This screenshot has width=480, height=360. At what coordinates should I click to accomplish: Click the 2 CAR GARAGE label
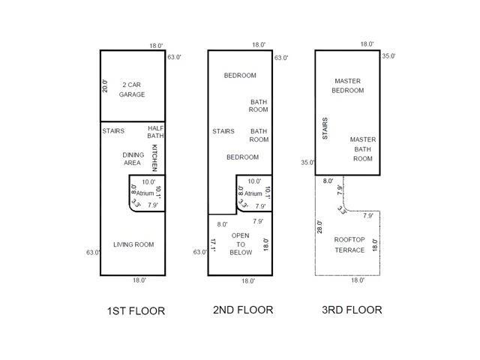point(132,89)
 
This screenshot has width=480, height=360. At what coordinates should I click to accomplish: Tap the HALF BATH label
point(155,132)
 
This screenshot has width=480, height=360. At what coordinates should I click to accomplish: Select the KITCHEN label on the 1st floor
point(154,157)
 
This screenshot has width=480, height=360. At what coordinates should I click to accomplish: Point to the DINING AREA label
point(133,158)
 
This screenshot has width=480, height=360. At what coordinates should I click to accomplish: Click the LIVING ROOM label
point(133,244)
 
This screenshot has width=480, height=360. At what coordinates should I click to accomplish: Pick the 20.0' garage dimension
point(105,86)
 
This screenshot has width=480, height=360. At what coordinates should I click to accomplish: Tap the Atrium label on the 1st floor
point(145,193)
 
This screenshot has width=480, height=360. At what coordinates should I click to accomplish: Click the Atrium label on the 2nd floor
point(253,193)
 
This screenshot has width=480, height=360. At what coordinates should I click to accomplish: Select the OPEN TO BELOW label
point(241,244)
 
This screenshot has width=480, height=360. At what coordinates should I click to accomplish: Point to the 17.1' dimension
point(213,245)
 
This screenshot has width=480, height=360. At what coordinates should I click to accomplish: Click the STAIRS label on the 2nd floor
point(223,131)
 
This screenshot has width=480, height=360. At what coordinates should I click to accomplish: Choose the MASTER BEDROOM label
point(348,85)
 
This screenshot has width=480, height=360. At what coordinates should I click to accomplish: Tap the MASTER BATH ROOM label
point(363,149)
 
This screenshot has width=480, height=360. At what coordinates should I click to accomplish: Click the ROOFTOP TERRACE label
point(349,244)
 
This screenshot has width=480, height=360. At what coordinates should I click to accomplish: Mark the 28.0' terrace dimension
point(319,226)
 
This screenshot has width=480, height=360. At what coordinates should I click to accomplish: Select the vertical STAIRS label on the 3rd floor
point(325,128)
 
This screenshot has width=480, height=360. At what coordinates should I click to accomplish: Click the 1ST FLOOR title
point(136,311)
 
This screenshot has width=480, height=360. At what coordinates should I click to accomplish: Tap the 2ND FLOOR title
point(243,310)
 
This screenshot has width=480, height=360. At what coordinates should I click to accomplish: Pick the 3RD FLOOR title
point(352,310)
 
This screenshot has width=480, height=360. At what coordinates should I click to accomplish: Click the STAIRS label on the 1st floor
point(113,131)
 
